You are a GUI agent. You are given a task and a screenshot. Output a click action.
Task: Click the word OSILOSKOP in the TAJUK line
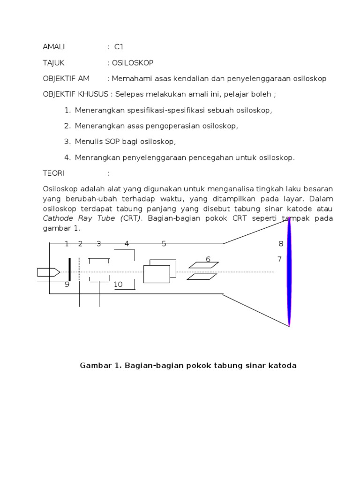pos(133,62)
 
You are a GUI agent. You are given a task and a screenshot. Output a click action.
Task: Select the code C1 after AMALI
pos(119,47)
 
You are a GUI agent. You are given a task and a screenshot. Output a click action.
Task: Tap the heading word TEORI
pos(53,173)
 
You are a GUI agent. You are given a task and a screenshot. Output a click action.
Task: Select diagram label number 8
pos(281,244)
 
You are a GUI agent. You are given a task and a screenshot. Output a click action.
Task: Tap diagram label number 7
pos(279,259)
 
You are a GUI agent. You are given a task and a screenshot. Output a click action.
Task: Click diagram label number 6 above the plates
pos(208,259)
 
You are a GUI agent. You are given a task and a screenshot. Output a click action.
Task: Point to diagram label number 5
pos(164,244)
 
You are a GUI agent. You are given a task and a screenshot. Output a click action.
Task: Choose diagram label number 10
pos(118,285)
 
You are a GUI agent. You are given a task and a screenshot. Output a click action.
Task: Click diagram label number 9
pos(67,285)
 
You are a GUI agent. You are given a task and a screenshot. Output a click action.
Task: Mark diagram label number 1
pos(67,244)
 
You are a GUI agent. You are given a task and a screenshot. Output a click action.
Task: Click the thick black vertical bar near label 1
pos(70,270)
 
